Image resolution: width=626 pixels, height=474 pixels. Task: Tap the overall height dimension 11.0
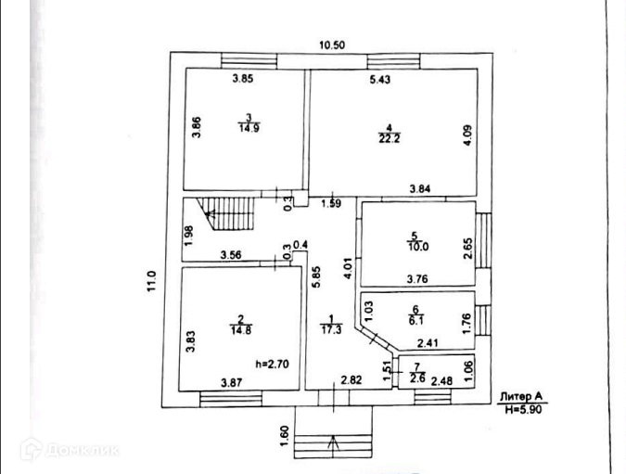[x=152, y=279]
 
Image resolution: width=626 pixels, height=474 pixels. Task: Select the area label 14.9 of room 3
[x=248, y=130]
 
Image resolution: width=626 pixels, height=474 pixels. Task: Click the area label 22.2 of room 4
[x=389, y=140]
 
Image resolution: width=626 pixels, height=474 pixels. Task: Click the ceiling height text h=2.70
[x=273, y=364]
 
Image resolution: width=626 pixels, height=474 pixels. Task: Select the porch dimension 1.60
[x=284, y=432]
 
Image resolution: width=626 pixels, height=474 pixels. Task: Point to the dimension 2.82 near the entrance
[x=351, y=380]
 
